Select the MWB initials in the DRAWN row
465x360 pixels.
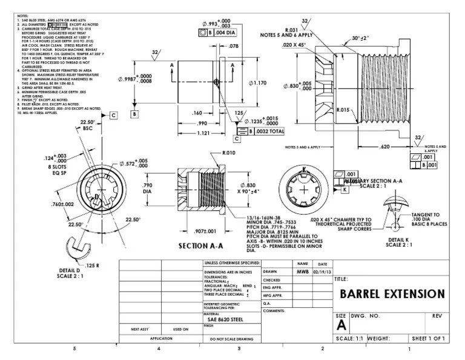(x=302, y=272)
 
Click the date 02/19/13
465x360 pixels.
(x=322, y=272)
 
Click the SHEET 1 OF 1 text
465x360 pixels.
(x=428, y=338)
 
